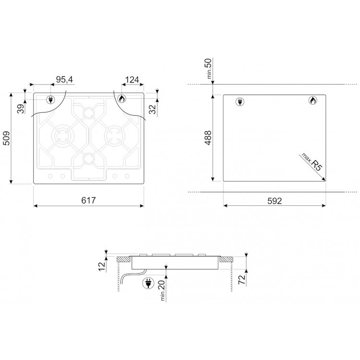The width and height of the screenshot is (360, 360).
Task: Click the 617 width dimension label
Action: click(x=88, y=201)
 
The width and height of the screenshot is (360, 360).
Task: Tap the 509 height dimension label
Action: click(x=7, y=138)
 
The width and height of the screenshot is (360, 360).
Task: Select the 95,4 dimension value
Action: click(x=64, y=79)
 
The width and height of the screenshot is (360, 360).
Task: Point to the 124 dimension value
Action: click(x=132, y=80)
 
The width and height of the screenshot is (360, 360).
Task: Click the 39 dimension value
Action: click(x=21, y=109)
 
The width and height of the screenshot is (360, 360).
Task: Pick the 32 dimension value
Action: click(x=153, y=109)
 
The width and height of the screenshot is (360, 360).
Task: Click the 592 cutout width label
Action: click(x=275, y=201)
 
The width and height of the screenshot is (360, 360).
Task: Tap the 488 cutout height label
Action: click(x=208, y=138)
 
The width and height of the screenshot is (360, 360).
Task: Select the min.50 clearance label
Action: click(x=208, y=69)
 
